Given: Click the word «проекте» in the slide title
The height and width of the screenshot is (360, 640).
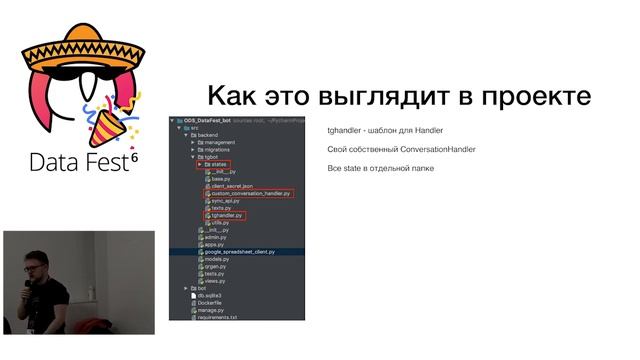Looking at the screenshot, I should point(535,98).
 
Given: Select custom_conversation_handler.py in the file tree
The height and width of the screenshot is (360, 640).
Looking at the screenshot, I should point(251,193).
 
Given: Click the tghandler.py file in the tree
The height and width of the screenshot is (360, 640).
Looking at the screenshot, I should point(228,214).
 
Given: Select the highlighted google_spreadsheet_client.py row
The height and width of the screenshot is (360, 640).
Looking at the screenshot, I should point(245,252).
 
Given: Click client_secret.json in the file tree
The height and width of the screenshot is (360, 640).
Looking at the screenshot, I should point(233,186).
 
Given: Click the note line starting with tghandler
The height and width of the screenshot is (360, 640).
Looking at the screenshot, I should point(385,131).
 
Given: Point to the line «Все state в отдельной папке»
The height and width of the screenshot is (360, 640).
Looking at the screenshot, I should point(380,168).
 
